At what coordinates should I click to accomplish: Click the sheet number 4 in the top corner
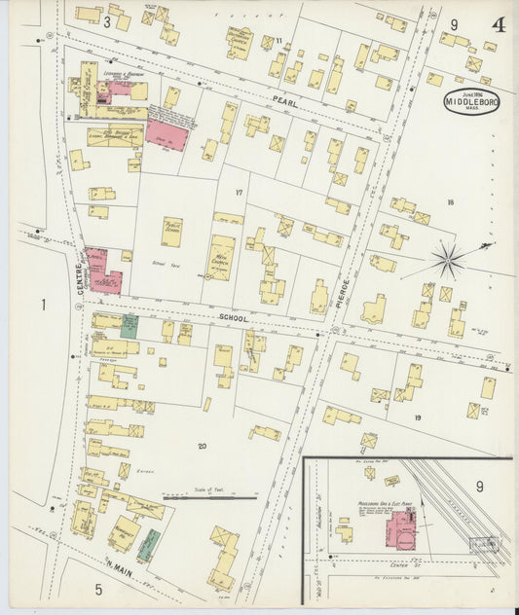click(x=499, y=24)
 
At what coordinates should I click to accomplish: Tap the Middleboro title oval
click(x=473, y=101)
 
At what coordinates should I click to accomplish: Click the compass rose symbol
click(x=449, y=259)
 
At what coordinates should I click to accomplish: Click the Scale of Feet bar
click(x=209, y=499)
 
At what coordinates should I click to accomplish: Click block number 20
click(x=202, y=446)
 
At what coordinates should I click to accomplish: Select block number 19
click(x=418, y=416)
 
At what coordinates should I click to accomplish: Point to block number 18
click(x=450, y=202)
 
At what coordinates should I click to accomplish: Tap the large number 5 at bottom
click(x=98, y=589)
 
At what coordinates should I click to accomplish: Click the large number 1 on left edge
click(x=43, y=306)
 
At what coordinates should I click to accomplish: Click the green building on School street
click(x=130, y=326)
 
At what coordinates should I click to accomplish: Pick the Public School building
click(x=172, y=231)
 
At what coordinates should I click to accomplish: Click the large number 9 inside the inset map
click(x=479, y=486)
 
